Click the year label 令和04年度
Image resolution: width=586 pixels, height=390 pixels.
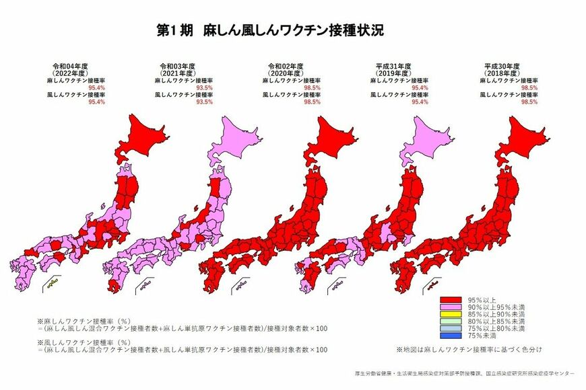pos(70,67)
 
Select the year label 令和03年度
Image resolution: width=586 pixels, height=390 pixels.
pos(177,67)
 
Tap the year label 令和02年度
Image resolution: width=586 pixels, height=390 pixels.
pos(285,67)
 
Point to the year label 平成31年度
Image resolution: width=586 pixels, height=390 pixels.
pos(393,67)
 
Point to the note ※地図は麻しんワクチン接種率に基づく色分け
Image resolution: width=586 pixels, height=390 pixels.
pos(469,350)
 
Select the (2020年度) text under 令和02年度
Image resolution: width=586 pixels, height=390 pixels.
pos(285,73)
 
